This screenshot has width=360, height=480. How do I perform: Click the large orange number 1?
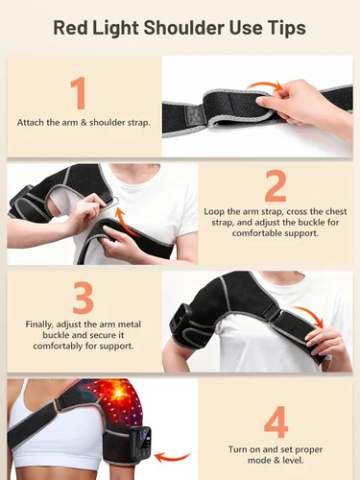pyautogui.click(x=79, y=93)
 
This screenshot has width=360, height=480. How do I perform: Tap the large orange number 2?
pyautogui.click(x=276, y=186)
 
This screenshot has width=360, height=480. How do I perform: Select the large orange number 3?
pyautogui.click(x=83, y=298)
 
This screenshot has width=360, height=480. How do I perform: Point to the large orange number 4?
pyautogui.click(x=276, y=421)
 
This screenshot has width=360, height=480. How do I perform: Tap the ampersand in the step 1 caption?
pyautogui.click(x=84, y=123)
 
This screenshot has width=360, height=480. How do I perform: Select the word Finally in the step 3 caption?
pyautogui.click(x=39, y=324)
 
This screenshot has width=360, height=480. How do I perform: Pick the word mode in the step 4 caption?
pyautogui.click(x=258, y=461)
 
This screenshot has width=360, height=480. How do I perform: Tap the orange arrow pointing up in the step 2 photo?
pyautogui.click(x=127, y=222)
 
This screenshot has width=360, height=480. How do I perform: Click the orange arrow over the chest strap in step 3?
pyautogui.click(x=310, y=315)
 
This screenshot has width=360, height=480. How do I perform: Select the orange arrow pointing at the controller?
pyautogui.click(x=173, y=457)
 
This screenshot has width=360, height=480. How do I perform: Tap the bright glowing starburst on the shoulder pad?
pyautogui.click(x=119, y=392)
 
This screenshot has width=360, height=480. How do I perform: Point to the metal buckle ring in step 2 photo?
pyautogui.click(x=114, y=203)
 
